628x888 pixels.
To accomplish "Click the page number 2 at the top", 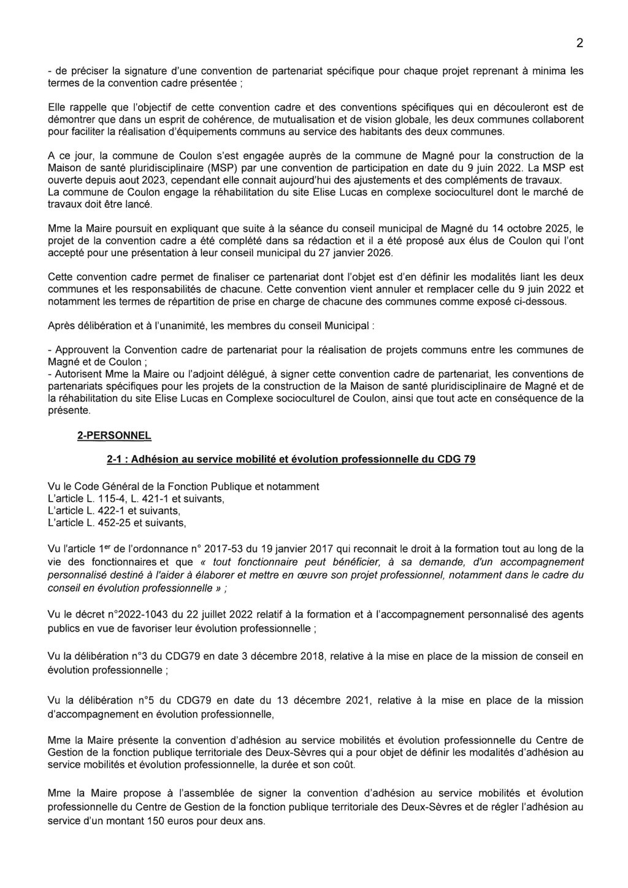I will (x=579, y=44).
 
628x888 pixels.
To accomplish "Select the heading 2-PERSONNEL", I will (x=113, y=436).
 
